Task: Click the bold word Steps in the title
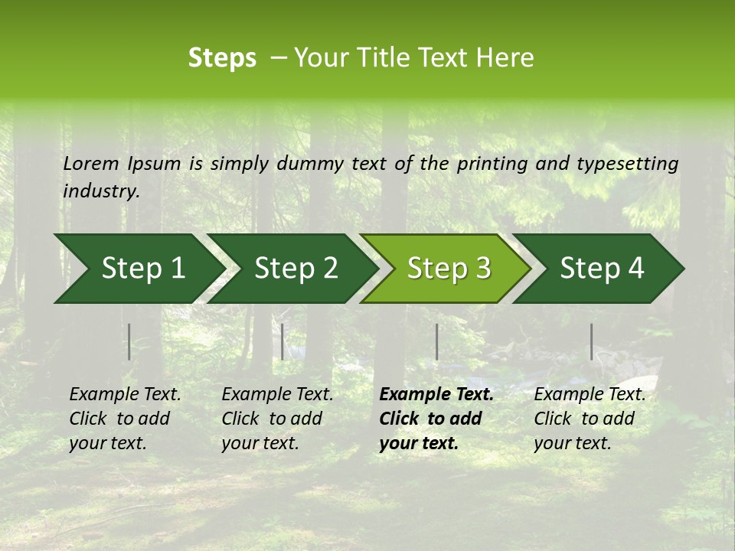[x=222, y=58]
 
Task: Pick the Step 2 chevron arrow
[x=296, y=269]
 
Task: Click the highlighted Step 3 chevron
[x=449, y=269]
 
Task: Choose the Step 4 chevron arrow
[x=602, y=269]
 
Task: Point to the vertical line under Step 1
[x=129, y=341]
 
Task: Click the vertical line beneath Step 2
[x=283, y=341]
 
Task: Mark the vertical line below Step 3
[x=436, y=341]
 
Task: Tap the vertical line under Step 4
[x=591, y=341]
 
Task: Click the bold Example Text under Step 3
[x=436, y=395]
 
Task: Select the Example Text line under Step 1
[x=125, y=395]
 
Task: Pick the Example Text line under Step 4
[x=590, y=395]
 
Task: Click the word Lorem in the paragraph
[x=91, y=164]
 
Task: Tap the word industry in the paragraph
[x=101, y=191]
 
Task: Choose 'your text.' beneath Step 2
[x=260, y=443]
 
